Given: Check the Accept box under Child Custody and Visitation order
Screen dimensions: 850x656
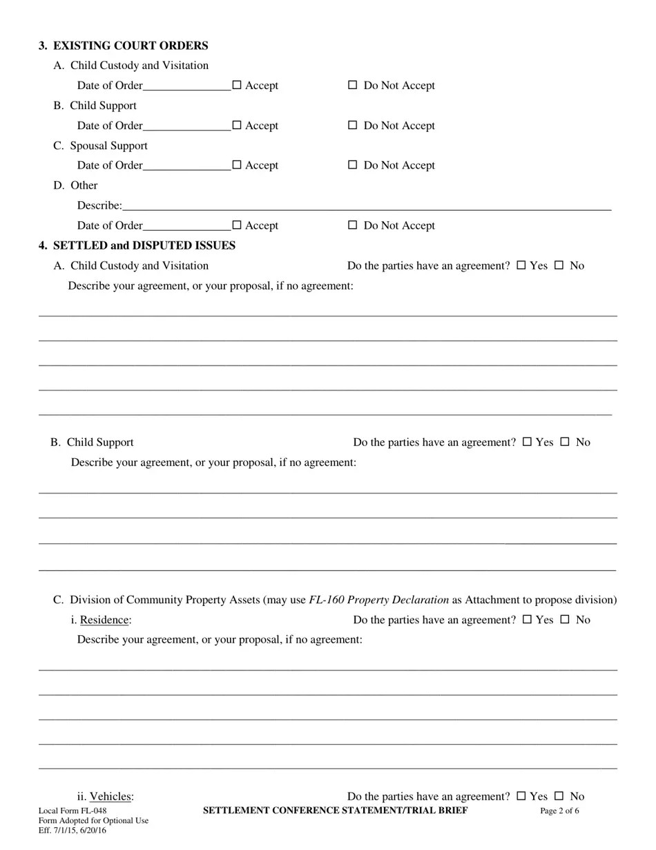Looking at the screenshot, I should [x=237, y=85].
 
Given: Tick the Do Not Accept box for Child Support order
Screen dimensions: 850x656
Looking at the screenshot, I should [x=352, y=125].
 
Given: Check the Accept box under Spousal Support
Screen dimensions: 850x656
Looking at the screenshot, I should [x=237, y=165].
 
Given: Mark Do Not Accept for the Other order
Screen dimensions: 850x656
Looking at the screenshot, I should [x=352, y=225].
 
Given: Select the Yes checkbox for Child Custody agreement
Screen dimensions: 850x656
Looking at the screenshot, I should [x=521, y=265].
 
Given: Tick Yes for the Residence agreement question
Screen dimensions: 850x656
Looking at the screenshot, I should [x=527, y=619].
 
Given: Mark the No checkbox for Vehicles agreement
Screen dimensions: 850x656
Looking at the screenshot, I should [x=559, y=795].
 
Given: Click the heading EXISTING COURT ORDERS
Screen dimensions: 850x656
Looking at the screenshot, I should [x=131, y=46].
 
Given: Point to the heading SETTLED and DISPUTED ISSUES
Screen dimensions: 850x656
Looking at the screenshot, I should [x=144, y=245].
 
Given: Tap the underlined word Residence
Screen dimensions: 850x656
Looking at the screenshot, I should [x=104, y=620].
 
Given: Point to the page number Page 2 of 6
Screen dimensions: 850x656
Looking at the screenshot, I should [x=559, y=811].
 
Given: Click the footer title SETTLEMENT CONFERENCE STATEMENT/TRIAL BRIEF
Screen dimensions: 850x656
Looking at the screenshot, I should [x=335, y=810].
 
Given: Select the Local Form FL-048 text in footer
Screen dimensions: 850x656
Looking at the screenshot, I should [x=73, y=811].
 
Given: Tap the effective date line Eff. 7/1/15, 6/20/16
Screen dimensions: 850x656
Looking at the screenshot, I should [x=73, y=830].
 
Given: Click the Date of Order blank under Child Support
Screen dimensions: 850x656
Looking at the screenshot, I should [x=186, y=125].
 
